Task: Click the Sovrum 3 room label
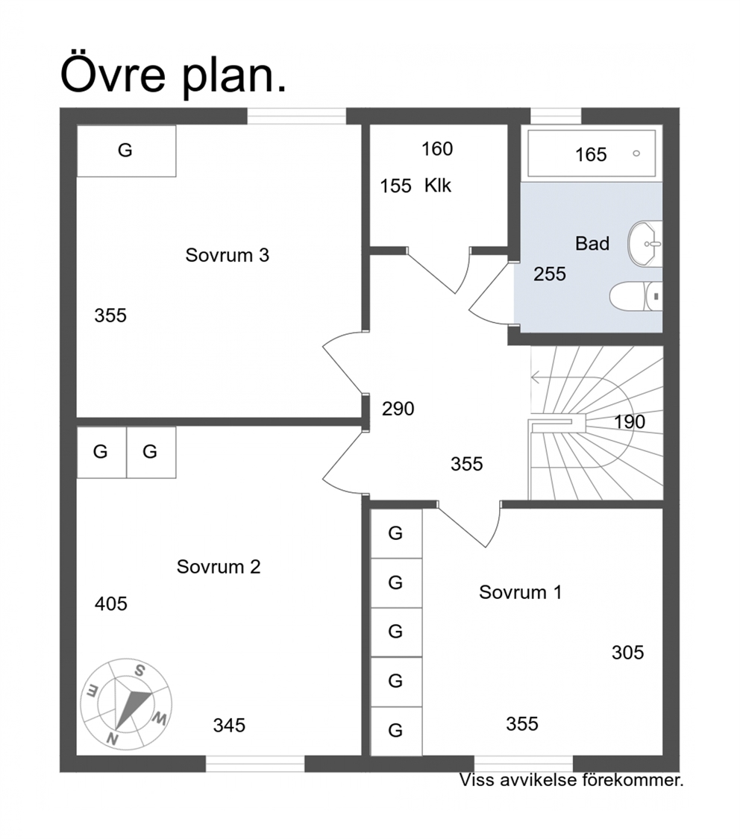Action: [227, 255]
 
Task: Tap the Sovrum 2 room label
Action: [219, 567]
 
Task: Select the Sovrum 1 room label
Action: [520, 592]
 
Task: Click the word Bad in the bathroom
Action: [592, 243]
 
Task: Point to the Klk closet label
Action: [438, 186]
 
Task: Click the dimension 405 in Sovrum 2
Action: [110, 604]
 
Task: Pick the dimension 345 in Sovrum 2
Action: [229, 726]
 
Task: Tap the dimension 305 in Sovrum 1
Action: [627, 653]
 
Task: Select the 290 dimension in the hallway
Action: [398, 409]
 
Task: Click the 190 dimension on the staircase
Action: [630, 422]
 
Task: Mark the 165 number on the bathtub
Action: [591, 154]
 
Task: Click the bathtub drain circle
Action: [636, 154]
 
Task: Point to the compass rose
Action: [126, 703]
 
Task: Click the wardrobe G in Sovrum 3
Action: [125, 151]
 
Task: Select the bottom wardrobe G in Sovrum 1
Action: [395, 730]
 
